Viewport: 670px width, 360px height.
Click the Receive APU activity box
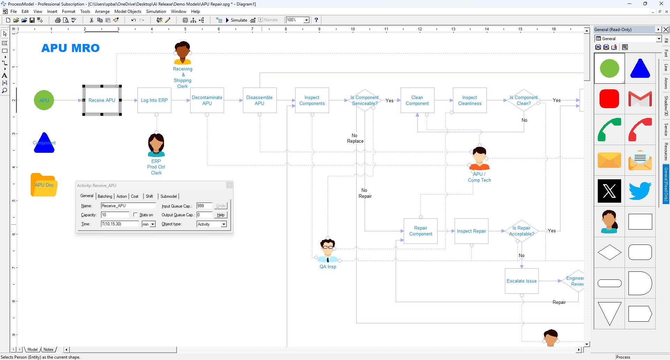[102, 100]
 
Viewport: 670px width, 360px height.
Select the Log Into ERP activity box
[154, 100]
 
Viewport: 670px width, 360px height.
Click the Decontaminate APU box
[207, 100]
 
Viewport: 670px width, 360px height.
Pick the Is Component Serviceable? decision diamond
[365, 100]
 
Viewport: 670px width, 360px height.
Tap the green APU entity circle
[44, 100]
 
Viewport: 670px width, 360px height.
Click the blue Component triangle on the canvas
[44, 143]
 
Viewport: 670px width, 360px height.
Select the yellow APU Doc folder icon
[44, 185]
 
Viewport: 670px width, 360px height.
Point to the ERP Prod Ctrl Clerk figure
[156, 145]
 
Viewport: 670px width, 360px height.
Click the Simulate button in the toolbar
[237, 20]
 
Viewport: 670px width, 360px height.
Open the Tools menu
[85, 12]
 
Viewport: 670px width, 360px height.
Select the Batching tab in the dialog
[105, 196]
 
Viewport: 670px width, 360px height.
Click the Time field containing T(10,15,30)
[119, 224]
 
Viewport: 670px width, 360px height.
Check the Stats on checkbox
[135, 215]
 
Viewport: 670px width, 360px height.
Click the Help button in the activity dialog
[221, 215]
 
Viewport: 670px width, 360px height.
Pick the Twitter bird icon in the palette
[640, 191]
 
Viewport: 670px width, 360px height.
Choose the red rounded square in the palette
[609, 99]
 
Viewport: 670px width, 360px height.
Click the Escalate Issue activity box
[522, 281]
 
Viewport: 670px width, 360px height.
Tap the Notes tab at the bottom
[49, 350]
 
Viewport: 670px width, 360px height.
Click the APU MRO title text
[70, 48]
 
